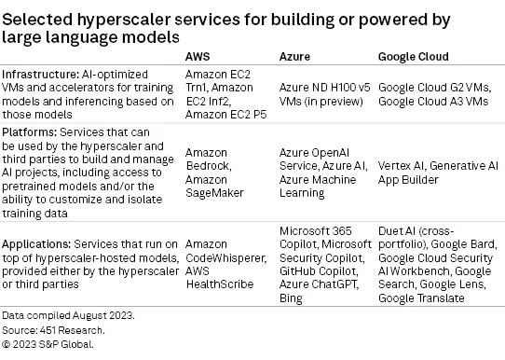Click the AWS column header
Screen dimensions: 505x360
[198, 57]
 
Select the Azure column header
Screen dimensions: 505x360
[294, 57]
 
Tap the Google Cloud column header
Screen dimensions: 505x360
[412, 57]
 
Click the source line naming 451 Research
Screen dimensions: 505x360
[51, 330]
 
